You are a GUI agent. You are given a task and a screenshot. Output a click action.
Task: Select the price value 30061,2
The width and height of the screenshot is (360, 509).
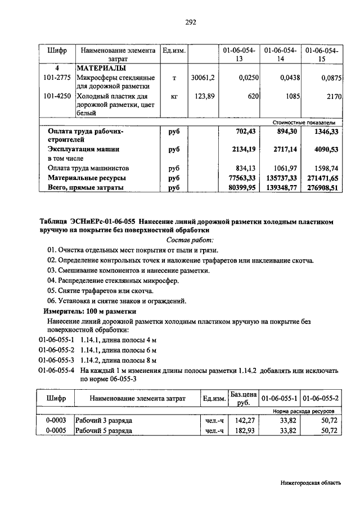coord(203,78)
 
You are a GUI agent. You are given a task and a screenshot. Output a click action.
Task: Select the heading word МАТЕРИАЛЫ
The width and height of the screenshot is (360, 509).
coord(99,69)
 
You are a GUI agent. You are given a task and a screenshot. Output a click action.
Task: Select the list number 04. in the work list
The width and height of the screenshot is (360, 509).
coord(53,280)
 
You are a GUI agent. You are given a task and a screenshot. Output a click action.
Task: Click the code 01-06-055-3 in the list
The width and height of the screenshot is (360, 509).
coord(57,360)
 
